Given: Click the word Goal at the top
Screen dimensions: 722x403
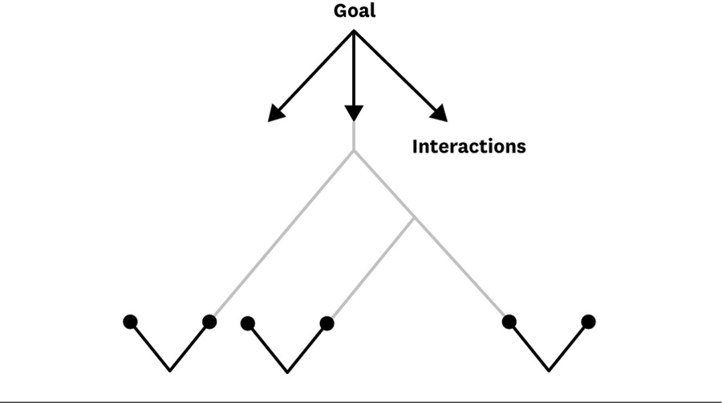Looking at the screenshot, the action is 354,11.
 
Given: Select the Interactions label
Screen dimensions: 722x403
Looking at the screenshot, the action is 468,146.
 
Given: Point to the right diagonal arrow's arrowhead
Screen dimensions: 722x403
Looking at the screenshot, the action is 440,113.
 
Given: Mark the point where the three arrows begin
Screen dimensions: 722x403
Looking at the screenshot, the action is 354,31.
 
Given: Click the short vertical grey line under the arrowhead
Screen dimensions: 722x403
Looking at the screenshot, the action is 354,136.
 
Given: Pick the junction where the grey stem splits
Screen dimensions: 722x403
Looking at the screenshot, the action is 354,151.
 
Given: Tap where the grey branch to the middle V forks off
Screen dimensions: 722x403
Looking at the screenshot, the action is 413,218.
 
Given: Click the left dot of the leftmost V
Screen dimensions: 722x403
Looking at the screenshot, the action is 130,322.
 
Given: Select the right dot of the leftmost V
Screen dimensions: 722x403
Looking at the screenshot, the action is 209,321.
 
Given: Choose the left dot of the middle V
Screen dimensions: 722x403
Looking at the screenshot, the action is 248,324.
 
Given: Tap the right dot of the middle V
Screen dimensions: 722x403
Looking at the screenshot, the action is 327,324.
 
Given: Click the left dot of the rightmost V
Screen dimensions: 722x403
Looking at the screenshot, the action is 509,321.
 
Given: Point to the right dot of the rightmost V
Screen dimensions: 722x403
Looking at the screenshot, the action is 589,321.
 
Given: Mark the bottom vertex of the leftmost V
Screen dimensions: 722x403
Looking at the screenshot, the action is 170,370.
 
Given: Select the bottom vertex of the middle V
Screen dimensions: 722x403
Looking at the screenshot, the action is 287,372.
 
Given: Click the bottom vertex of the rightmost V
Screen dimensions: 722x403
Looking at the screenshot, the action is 549,370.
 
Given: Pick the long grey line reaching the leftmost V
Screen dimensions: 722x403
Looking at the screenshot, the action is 283,234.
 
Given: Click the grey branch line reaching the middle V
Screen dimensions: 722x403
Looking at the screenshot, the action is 372,268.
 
